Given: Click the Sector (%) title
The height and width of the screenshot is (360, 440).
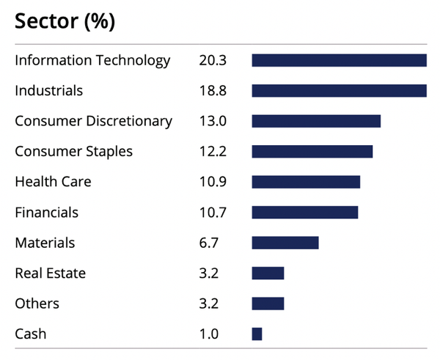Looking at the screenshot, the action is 65,21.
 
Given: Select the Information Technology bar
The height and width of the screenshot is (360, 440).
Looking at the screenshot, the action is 340,60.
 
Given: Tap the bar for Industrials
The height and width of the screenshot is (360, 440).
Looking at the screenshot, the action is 340,91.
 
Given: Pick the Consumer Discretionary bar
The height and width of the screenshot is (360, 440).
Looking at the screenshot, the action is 316,121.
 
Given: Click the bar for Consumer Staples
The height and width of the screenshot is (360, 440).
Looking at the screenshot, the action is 312,152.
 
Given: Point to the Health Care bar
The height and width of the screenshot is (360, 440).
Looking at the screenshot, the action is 306,182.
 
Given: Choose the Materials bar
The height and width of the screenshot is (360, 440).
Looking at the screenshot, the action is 285,243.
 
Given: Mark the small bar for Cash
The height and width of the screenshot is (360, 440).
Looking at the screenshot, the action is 257,334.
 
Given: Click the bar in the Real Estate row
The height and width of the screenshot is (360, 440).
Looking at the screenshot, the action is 268,273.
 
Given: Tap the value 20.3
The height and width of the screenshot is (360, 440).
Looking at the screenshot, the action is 213,60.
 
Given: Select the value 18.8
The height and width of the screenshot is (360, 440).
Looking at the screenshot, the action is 213,91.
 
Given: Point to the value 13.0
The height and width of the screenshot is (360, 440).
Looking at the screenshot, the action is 213,121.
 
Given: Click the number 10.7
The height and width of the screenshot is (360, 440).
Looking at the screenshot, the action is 213,213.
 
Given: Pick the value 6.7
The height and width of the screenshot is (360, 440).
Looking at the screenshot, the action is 209,243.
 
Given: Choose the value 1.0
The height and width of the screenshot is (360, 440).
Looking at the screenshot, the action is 209,334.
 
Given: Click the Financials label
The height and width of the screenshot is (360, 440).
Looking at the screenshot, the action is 47,213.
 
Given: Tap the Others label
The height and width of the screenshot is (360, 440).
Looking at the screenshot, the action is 37,304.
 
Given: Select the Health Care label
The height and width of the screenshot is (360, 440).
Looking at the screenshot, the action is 53,182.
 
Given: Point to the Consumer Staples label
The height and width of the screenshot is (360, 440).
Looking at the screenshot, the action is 74,152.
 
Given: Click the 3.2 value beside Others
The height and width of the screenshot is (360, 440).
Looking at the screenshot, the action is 209,304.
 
